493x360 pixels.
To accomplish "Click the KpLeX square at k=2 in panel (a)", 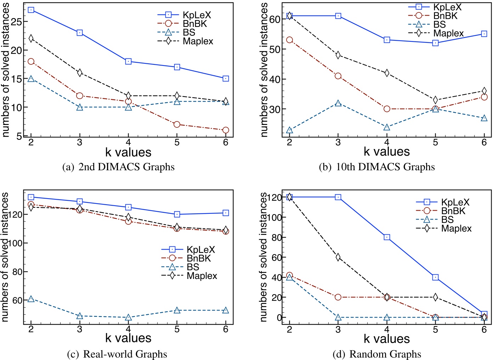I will click(31, 10).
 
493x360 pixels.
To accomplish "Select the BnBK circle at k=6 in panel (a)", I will click(226, 130).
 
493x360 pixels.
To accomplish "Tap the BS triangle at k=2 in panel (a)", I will click(31, 79).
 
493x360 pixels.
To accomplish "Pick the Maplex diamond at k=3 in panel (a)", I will click(80, 73).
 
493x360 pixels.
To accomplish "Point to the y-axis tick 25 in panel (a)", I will click(16, 22).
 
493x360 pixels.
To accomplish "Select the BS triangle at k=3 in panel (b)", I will click(338, 103).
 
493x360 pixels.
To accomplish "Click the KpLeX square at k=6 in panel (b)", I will click(484, 34).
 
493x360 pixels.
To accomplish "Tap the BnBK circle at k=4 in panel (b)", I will click(387, 109).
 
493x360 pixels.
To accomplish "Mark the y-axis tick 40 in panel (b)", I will click(275, 79).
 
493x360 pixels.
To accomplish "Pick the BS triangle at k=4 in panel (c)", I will click(128, 318).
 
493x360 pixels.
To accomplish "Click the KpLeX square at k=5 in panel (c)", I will click(177, 214).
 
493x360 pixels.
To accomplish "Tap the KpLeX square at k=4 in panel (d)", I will click(387, 237).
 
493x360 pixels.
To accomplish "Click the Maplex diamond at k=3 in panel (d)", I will click(338, 257).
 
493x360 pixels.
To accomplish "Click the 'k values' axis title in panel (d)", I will click(386, 339).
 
